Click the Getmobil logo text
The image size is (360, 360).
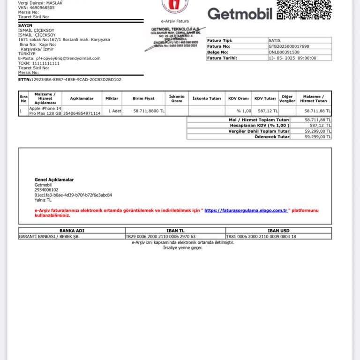[240, 14]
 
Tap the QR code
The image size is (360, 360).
[304, 9]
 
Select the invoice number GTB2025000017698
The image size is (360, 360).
[289, 46]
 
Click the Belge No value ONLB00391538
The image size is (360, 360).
[284, 52]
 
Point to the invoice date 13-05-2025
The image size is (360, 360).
[292, 58]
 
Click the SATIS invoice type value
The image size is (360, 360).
[275, 40]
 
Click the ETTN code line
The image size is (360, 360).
[70, 79]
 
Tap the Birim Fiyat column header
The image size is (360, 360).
[143, 98]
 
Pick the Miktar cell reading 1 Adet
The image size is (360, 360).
[115, 111]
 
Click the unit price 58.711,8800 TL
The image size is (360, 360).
[149, 111]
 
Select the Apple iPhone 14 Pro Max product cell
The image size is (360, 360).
[45, 111]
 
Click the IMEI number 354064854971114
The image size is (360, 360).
[82, 113]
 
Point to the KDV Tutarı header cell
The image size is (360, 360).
[265, 98]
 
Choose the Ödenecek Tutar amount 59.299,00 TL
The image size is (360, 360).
[318, 137]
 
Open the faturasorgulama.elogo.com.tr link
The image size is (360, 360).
[246, 210]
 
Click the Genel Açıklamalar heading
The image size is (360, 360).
[54, 180]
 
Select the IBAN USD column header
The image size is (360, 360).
[278, 230]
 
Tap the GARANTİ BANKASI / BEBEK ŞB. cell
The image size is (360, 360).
[49, 237]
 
